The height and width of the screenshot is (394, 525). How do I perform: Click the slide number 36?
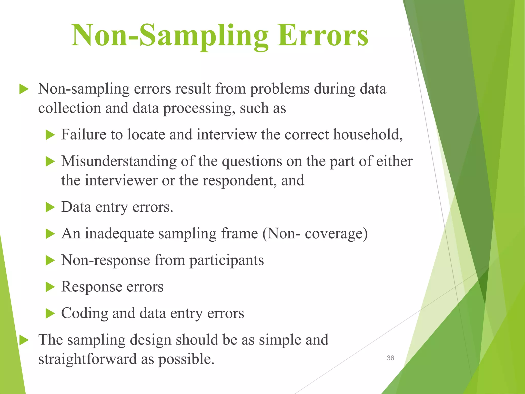point(390,358)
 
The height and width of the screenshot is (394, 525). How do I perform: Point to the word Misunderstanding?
point(119,162)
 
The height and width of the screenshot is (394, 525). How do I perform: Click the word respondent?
point(240,180)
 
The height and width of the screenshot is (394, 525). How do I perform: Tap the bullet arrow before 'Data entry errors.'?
point(50,207)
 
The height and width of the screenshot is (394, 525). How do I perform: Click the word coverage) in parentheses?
point(336,234)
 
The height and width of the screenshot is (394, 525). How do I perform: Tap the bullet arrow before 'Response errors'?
point(50,287)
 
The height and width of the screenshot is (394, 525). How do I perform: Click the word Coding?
point(85,313)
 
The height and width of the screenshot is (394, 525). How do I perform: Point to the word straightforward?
point(87,359)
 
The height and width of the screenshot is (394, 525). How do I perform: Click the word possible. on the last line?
point(186,359)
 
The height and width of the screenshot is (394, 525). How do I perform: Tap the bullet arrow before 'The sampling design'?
point(24,340)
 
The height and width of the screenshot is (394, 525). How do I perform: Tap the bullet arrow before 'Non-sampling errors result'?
point(24,90)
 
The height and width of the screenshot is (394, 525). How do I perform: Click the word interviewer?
point(121,180)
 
